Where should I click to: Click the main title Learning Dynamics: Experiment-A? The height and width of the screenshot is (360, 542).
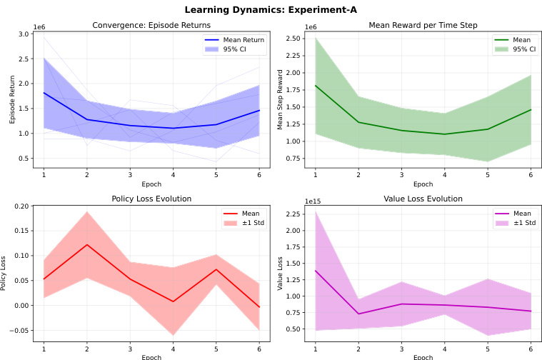click(x=271, y=10)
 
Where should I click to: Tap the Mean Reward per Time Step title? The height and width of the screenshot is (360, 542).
click(x=423, y=26)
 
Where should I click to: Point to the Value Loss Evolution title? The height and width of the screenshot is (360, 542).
click(x=423, y=199)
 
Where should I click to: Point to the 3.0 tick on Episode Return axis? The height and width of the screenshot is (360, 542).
click(x=22, y=34)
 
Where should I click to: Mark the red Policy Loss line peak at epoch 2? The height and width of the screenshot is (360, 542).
click(x=87, y=244)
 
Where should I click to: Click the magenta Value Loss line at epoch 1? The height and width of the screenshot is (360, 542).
click(x=315, y=271)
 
